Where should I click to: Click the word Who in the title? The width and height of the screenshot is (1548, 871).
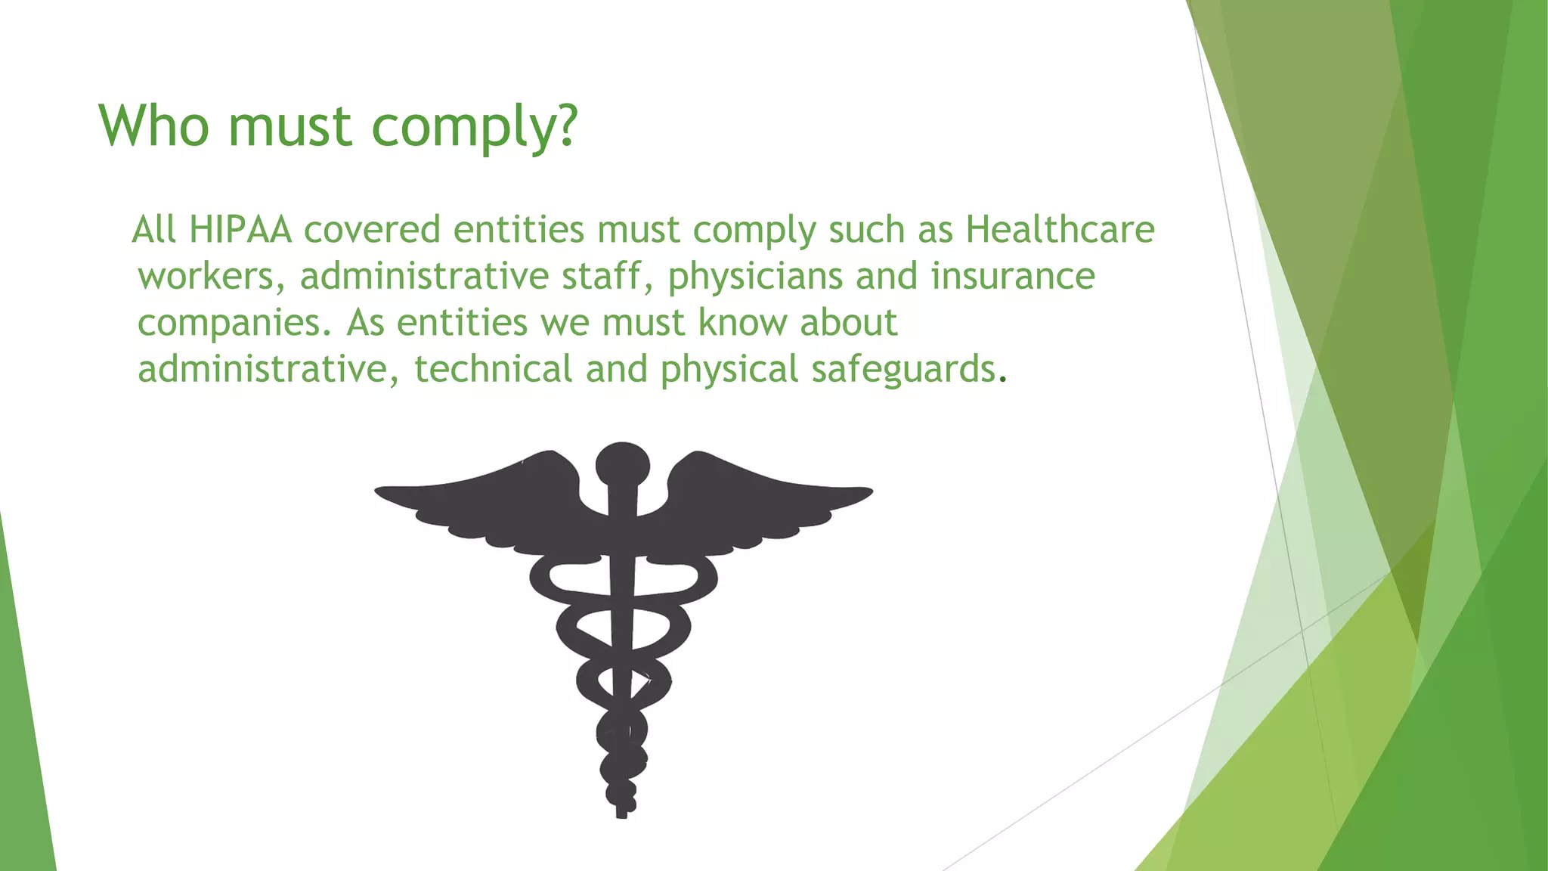[x=154, y=126]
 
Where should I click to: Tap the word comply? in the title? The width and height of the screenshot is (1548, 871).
[x=475, y=127]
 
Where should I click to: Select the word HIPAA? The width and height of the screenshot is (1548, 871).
[x=240, y=229]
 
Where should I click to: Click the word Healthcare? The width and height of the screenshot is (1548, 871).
[x=1060, y=229]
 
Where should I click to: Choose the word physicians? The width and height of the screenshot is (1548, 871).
[x=754, y=277]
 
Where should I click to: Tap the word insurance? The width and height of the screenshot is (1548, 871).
[x=1012, y=276]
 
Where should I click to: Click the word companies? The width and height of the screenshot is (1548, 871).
[x=234, y=324]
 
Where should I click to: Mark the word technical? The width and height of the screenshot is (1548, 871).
[x=493, y=370]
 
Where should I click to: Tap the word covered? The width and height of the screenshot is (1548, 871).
[x=372, y=229]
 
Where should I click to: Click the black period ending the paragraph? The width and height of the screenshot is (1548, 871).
[x=1003, y=380]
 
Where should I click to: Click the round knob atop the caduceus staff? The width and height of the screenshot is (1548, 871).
[x=622, y=463]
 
